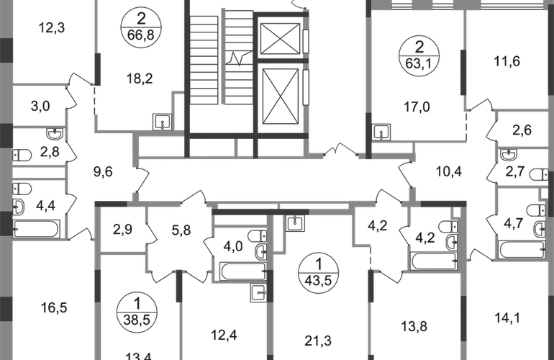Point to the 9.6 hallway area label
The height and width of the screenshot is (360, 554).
point(105,173)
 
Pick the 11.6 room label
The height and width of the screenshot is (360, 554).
point(507,62)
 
